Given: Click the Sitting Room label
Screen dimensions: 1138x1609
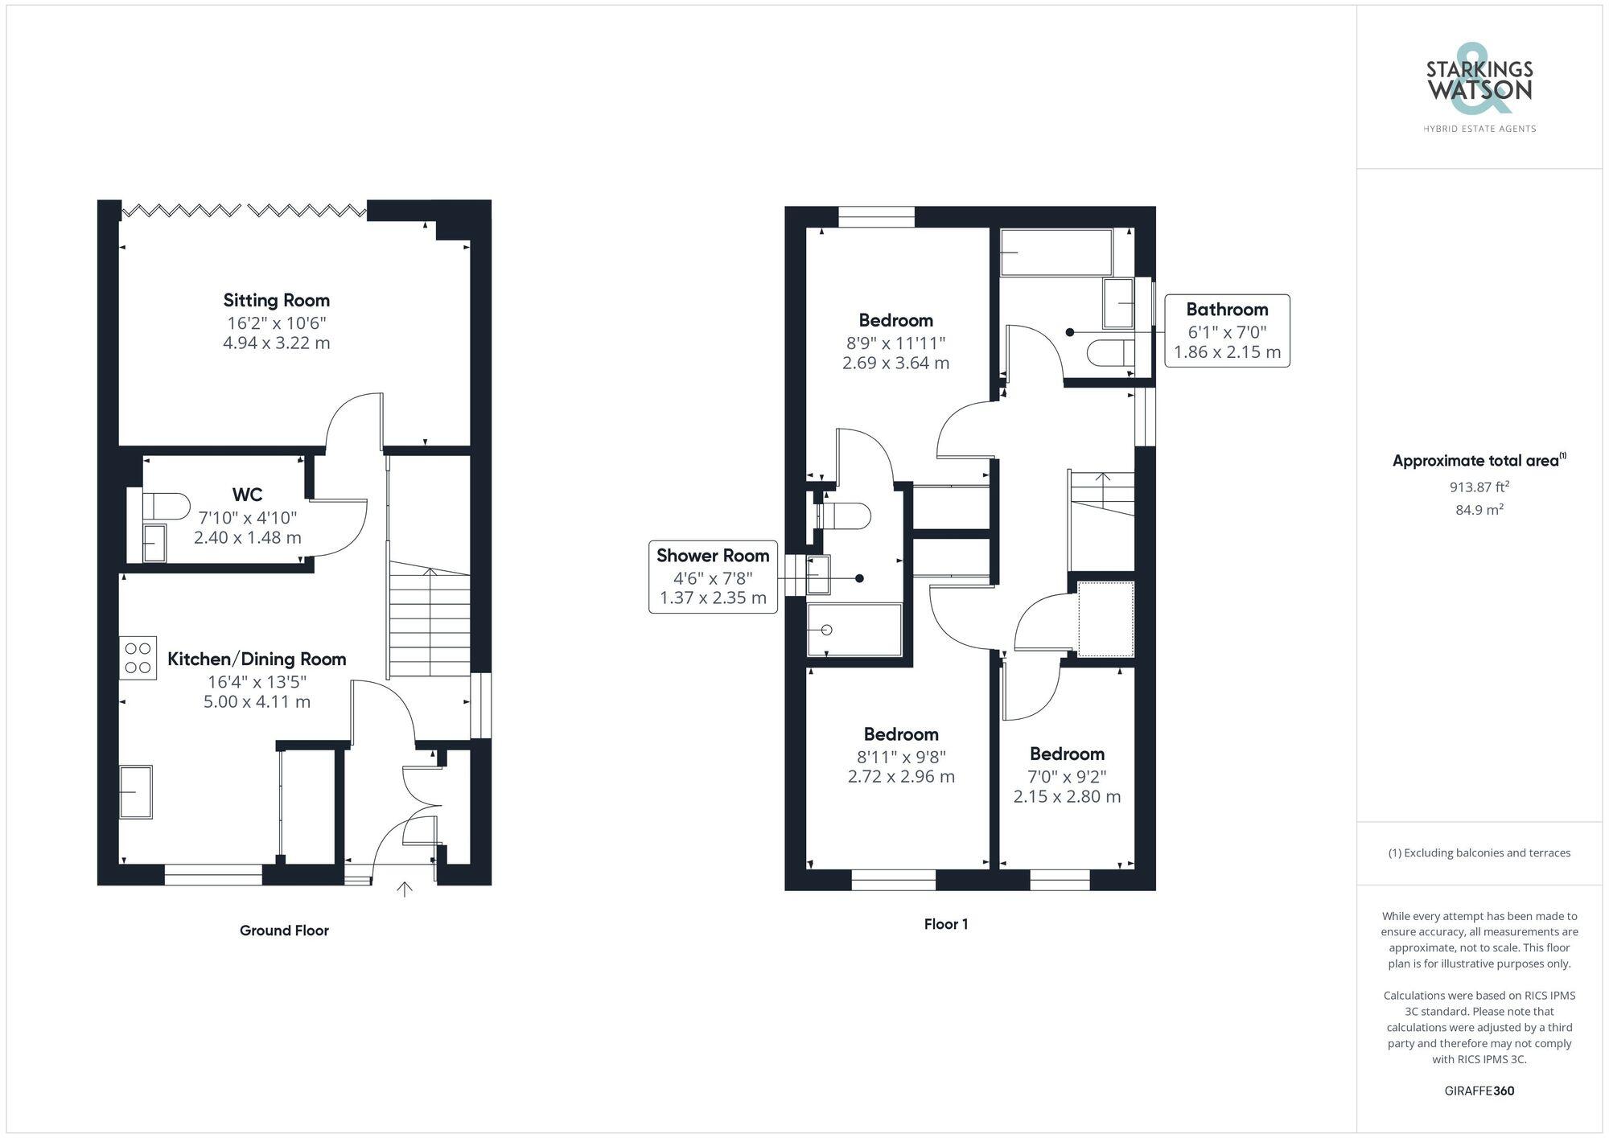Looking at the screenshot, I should pos(276,301).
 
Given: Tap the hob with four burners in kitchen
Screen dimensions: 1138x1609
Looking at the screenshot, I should pos(138,657).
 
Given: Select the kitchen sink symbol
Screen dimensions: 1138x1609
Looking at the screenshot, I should pos(136,792).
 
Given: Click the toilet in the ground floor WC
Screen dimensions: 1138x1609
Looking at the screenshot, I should pos(166,507).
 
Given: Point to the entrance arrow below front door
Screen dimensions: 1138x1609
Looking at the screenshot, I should pos(404,889).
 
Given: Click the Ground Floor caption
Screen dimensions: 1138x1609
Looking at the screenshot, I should pos(284,931).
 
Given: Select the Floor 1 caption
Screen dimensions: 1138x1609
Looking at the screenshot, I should pos(945,924).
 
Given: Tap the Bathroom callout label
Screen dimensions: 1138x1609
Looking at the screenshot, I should pos(1226,310).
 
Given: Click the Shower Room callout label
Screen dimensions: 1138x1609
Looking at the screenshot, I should pos(713,556).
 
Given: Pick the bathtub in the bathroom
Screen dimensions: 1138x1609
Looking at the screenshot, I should pos(1056,252).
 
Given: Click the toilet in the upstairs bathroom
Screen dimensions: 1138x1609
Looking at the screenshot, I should pos(1109,353).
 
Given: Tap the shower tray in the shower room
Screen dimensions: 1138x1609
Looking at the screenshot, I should pos(854,630).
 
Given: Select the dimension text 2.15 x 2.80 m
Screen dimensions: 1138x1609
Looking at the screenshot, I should pos(1066,797).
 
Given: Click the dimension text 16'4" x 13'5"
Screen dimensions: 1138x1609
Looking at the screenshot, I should pos(257,682).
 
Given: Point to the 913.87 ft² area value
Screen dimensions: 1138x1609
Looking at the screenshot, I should pos(1479,487).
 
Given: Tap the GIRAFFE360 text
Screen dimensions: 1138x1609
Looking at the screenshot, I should pos(1479,1091).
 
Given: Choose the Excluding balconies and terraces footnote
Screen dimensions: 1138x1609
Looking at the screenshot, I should pos(1479,852).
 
